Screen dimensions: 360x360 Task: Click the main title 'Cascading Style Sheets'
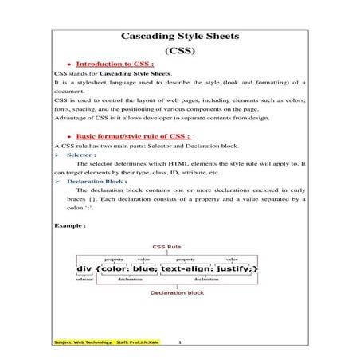click(179, 37)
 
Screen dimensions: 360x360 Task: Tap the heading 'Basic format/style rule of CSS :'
click(132, 136)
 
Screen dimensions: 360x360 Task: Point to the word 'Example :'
click(70, 225)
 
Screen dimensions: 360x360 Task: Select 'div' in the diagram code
click(84, 269)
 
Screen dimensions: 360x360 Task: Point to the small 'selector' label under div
click(84, 280)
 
